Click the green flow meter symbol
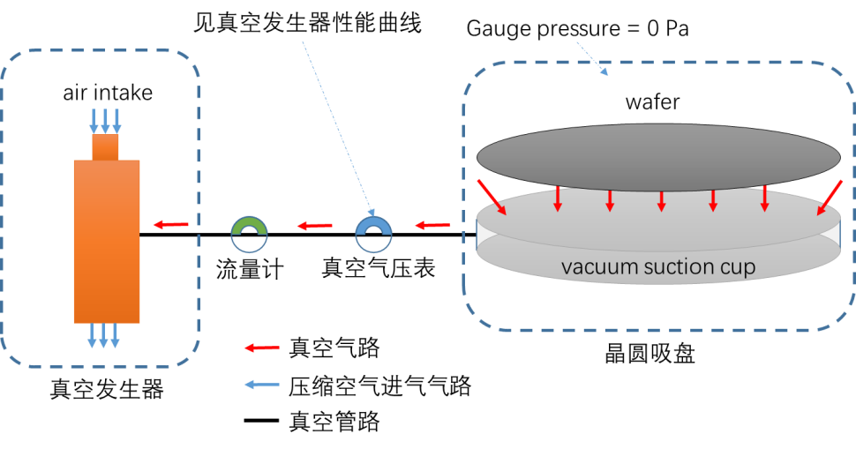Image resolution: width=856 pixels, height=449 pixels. (x=249, y=225)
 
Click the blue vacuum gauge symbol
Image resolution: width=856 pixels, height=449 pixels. (x=373, y=225)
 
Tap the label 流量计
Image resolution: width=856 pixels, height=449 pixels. (x=250, y=270)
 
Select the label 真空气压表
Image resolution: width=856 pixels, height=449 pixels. (x=378, y=268)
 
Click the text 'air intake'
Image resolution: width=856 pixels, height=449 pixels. (x=108, y=93)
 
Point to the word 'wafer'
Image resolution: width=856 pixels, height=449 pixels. (x=652, y=102)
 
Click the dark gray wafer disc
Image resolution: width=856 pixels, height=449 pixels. (x=658, y=157)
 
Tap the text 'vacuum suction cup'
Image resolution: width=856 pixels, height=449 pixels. (x=658, y=266)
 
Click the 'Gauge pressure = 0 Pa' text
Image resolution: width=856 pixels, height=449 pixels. (x=577, y=29)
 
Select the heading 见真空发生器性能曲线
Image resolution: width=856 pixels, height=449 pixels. (x=307, y=24)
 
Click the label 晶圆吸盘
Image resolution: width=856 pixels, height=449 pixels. (x=650, y=354)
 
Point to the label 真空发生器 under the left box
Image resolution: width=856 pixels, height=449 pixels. (x=107, y=390)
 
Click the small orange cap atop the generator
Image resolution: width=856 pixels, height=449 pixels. (x=105, y=147)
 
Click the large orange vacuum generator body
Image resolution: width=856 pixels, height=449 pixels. (x=107, y=242)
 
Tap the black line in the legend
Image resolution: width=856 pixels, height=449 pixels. (x=261, y=421)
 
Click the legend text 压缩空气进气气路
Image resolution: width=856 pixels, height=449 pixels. (x=380, y=386)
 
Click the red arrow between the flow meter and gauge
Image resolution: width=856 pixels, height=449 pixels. (x=314, y=225)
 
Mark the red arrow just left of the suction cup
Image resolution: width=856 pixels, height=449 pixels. (x=432, y=225)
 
